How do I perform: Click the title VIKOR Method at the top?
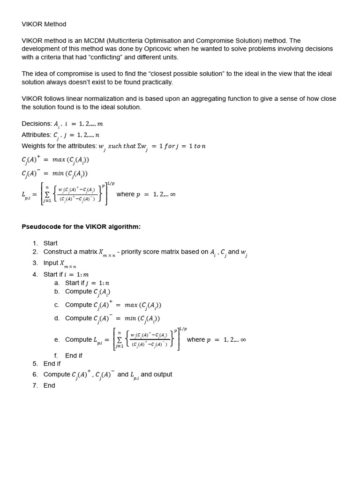[x=44, y=24]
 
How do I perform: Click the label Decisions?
[x=37, y=124]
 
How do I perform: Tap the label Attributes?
[x=36, y=135]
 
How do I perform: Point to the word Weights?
[x=34, y=146]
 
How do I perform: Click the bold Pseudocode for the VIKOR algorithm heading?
[x=81, y=227]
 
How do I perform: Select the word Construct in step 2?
[x=58, y=252]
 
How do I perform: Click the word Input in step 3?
[x=51, y=263]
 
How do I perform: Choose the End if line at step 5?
[x=52, y=363]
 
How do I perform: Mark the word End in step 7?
[x=49, y=385]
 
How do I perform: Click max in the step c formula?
[x=133, y=305]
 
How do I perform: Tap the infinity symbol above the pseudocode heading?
[x=172, y=194]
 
